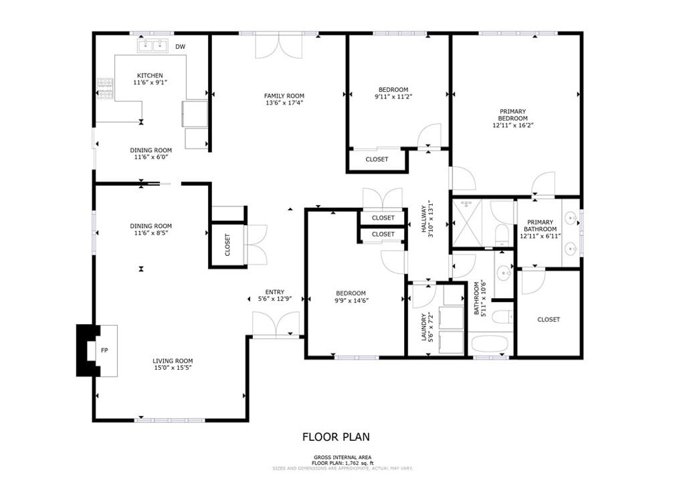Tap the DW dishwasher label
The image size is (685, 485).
pos(180,47)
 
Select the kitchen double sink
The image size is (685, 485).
pos(153,46)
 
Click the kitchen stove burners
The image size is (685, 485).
pos(105,85)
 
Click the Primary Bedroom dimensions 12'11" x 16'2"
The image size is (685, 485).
pos(513,125)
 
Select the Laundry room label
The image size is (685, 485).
pos(423,328)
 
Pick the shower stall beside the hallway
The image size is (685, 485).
pos(470,223)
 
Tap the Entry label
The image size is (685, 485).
pos(274,292)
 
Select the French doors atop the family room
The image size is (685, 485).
pos(278,45)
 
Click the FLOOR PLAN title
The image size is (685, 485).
pos(336,437)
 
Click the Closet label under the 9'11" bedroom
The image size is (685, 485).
pos(377,159)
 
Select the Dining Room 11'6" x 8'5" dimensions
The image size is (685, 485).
pos(151,234)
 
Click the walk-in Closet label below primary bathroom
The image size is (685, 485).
pos(549,320)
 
